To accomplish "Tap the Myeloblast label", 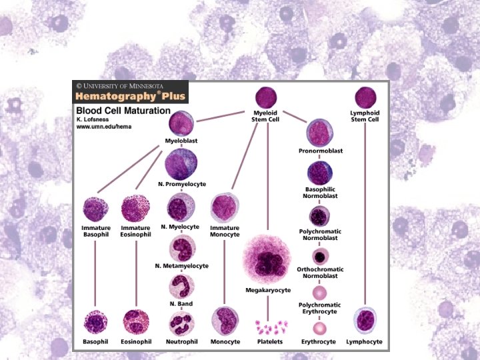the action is coord(181,141).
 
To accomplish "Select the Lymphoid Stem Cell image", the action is coord(365,97).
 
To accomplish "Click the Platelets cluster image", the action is coord(269,327).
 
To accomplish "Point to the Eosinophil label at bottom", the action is coord(135,341).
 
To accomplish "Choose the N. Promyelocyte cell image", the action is coord(181,163).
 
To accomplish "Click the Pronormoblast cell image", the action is coord(320,133).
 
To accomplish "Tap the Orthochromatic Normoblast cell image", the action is coord(320,256).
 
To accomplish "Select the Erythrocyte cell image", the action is coord(320,327).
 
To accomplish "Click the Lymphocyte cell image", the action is coord(365,321).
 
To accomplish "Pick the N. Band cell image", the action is coord(181,288).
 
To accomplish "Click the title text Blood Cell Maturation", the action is coord(123,110).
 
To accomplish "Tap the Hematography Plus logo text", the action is coord(130,96).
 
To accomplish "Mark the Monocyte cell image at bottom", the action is coord(225,321).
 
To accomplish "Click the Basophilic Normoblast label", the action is coord(320,192).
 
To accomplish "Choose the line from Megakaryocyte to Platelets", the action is coord(268,306).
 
